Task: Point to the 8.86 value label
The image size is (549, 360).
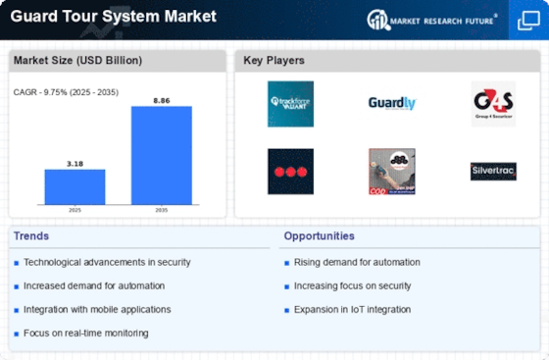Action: tap(162, 100)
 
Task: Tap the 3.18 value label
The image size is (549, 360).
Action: tap(75, 163)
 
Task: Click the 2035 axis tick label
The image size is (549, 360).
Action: tap(162, 210)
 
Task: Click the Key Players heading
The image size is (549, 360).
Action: tap(273, 61)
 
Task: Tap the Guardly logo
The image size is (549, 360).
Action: tap(391, 103)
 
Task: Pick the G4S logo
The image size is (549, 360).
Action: tap(492, 103)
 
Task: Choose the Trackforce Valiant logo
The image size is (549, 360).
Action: tap(290, 103)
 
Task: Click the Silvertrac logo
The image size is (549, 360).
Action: tap(492, 171)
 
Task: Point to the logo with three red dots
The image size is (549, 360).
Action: tap(290, 171)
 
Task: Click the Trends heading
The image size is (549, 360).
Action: tap(32, 236)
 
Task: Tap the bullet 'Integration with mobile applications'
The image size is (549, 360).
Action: tap(97, 309)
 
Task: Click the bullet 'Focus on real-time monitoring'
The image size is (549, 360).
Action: tap(85, 333)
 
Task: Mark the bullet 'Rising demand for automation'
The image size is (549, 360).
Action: tap(357, 262)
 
